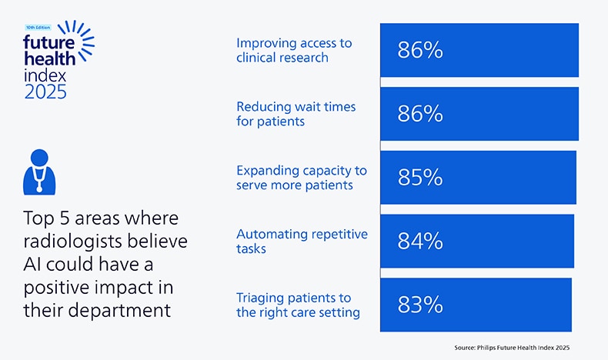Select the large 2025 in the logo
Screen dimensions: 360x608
click(x=45, y=92)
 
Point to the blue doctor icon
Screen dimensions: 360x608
click(x=36, y=169)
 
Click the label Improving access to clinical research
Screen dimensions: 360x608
click(x=293, y=50)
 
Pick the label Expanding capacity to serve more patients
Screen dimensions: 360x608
click(x=301, y=178)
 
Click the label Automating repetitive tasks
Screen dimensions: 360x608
click(x=302, y=241)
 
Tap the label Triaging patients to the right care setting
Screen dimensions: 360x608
click(x=298, y=305)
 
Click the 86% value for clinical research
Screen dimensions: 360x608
click(x=420, y=51)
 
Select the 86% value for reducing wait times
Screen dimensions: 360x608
click(x=420, y=114)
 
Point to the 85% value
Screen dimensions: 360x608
click(x=420, y=178)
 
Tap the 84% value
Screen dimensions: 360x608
click(x=420, y=242)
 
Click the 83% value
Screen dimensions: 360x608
click(x=420, y=305)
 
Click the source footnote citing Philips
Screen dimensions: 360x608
click(x=511, y=348)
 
